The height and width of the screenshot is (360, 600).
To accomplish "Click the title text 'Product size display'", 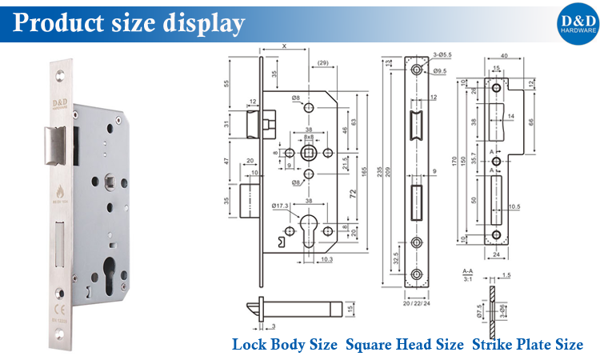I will click(128, 23).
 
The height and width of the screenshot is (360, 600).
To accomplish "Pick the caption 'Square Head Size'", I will click(406, 345).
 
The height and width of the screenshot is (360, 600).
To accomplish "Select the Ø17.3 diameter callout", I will click(279, 207).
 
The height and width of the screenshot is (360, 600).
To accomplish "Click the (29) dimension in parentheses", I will click(322, 62).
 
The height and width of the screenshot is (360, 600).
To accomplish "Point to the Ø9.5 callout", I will click(441, 72).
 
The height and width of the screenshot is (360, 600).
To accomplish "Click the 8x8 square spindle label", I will click(309, 138).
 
